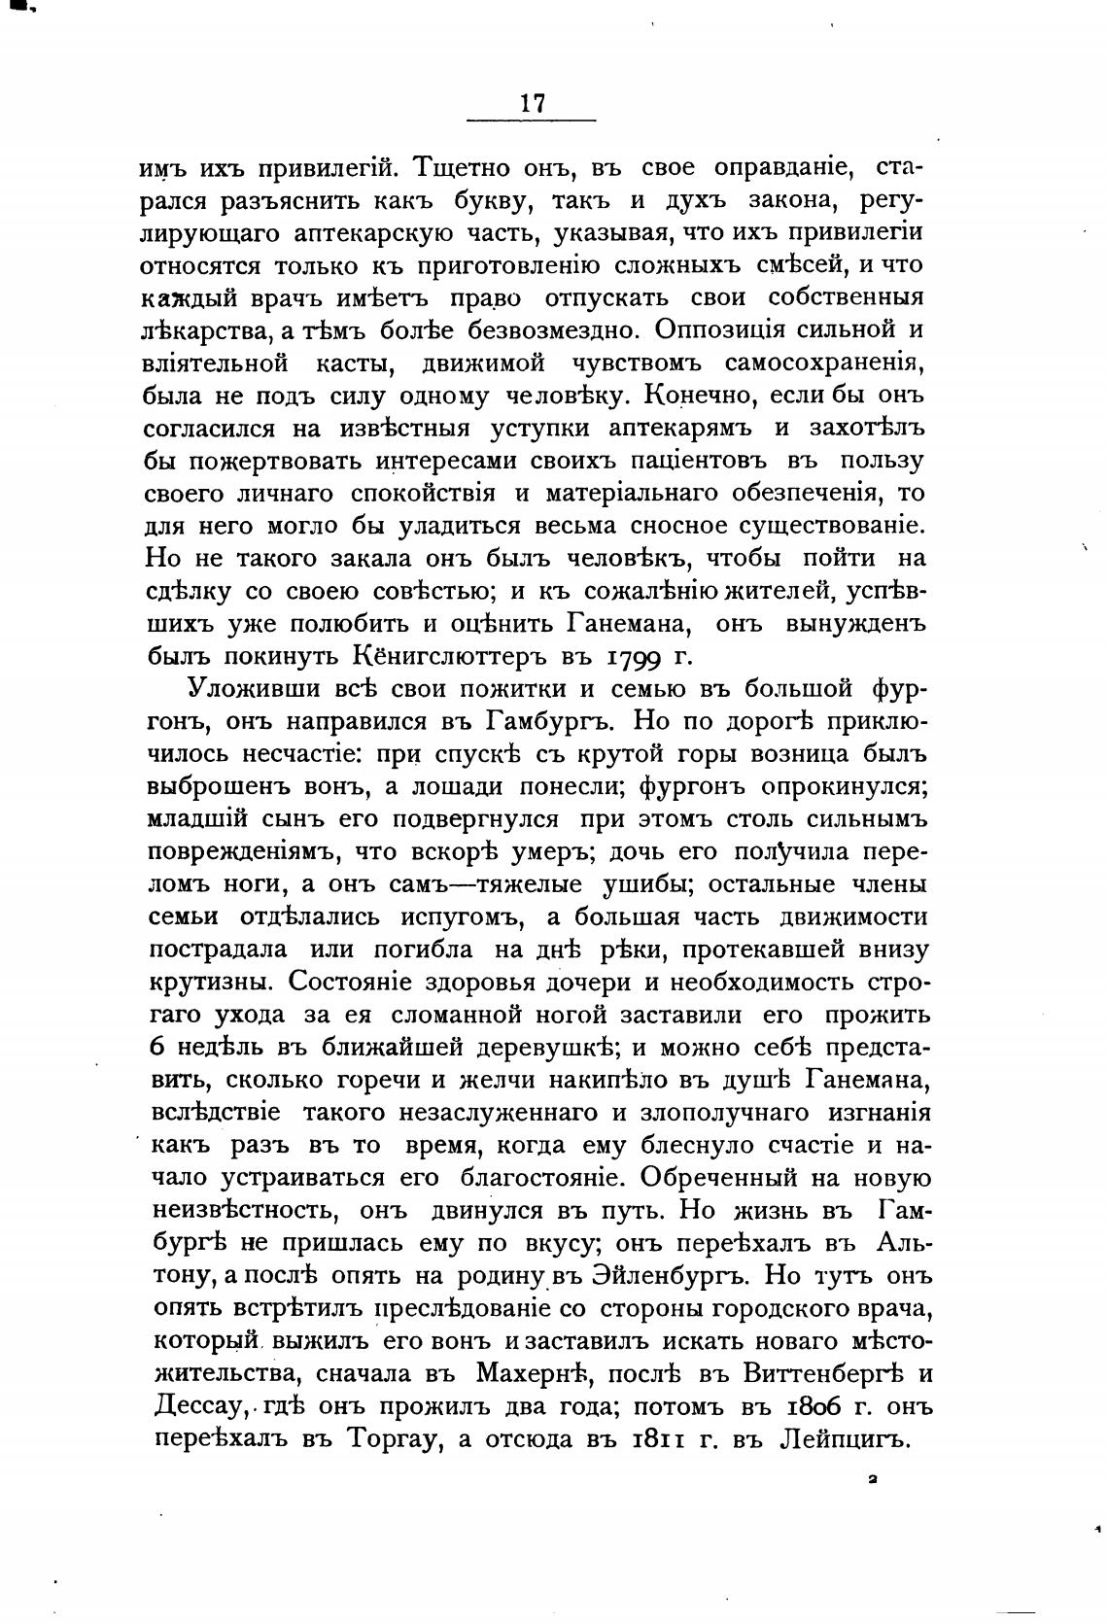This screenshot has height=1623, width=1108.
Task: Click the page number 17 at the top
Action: [x=533, y=103]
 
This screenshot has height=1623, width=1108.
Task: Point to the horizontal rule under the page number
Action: [x=531, y=121]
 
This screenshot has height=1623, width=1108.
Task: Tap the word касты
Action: [x=357, y=363]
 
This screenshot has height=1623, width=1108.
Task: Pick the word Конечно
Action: [x=689, y=396]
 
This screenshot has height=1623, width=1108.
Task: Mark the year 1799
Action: [x=641, y=656]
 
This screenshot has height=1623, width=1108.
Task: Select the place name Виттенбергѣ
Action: [x=814, y=1374]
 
